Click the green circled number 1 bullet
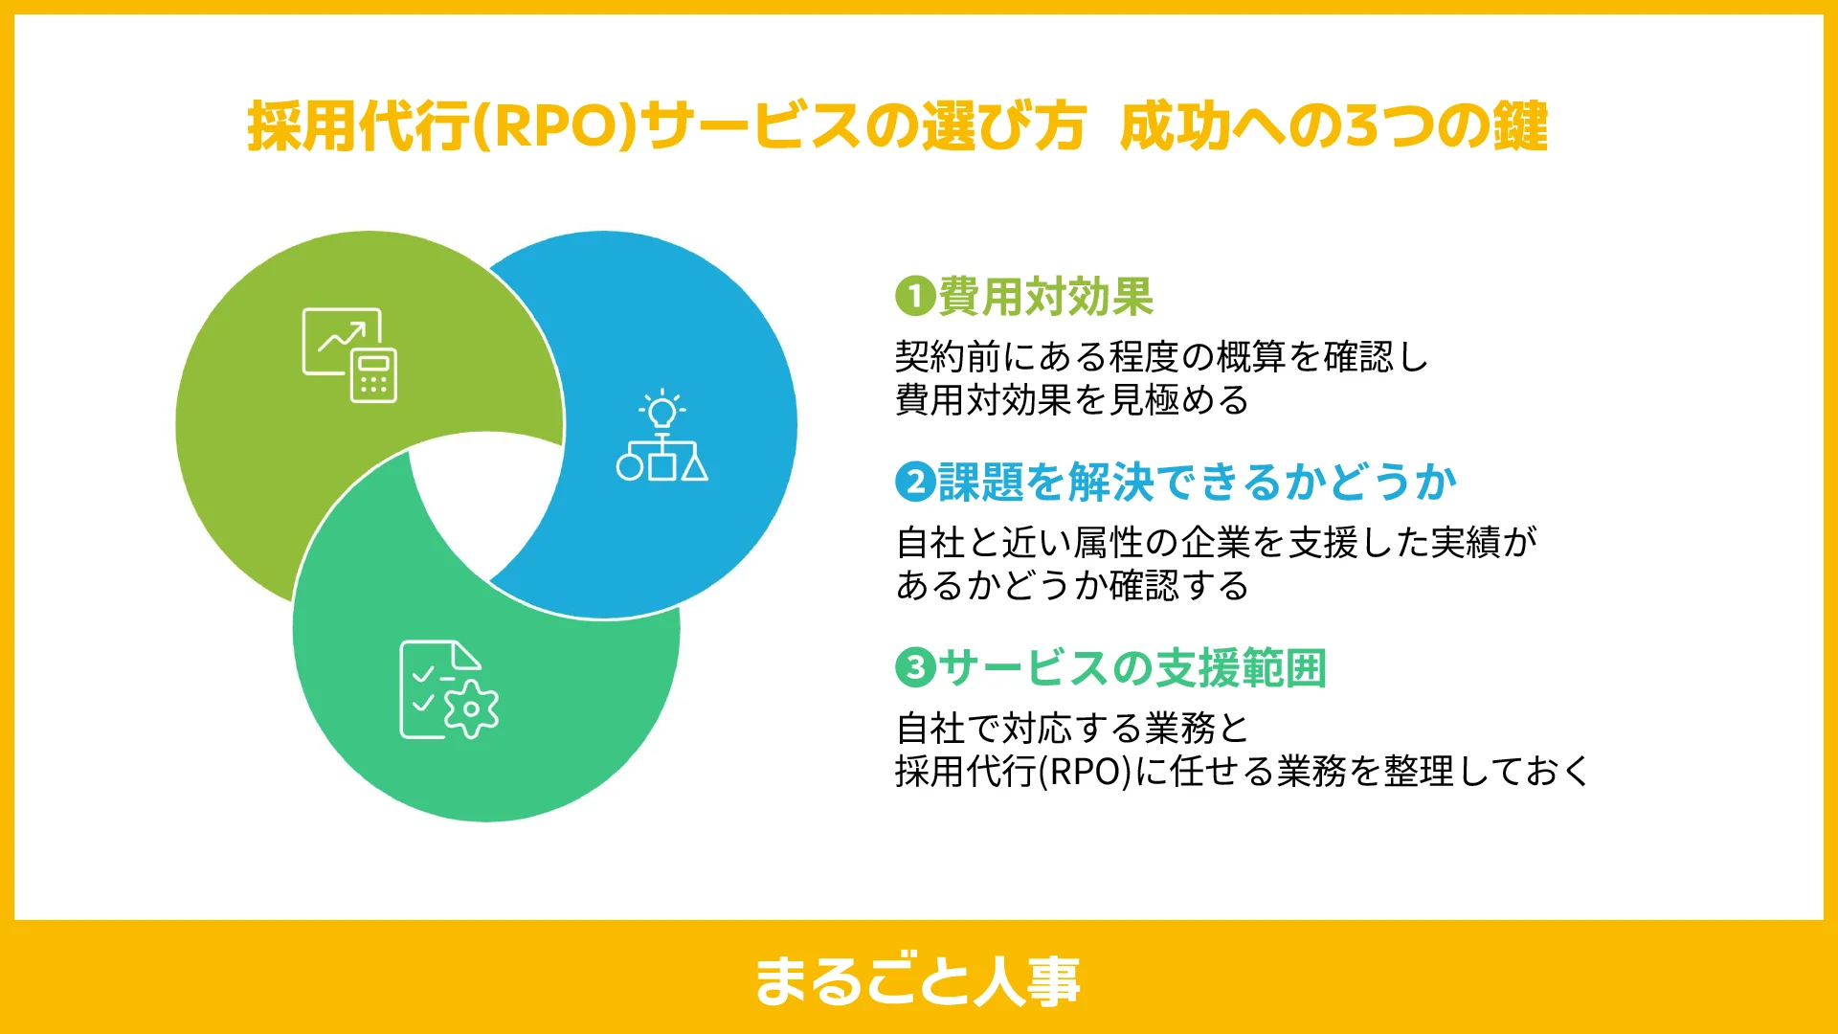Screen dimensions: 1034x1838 coord(915,296)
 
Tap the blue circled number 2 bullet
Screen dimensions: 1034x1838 coord(915,482)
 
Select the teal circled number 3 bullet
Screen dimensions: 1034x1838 coord(915,666)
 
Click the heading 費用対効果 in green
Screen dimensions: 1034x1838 coord(1045,296)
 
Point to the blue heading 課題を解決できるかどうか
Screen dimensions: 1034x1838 coord(1197,482)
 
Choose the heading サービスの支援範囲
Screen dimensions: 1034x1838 coord(1132,667)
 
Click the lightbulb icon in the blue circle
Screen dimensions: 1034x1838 coord(661,410)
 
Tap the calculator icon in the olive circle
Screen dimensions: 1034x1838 coord(373,375)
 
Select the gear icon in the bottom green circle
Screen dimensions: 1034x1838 coord(471,709)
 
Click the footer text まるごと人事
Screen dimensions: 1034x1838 coord(918,980)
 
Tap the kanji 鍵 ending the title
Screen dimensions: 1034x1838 coord(1518,126)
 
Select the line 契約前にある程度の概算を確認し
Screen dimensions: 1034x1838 coord(1161,357)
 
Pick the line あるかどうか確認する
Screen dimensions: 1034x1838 coord(1072,585)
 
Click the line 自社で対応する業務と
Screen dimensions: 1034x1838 coord(1072,728)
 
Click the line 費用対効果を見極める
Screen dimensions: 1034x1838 coord(1072,399)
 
